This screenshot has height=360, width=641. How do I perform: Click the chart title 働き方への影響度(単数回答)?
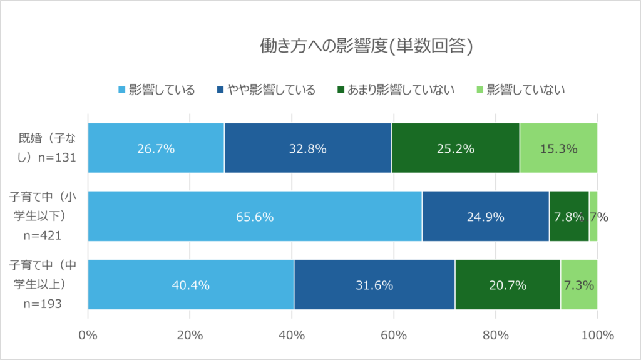(x=366, y=46)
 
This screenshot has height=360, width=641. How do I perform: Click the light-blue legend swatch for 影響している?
(x=122, y=90)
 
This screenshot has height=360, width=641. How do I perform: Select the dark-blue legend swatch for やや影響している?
(x=220, y=90)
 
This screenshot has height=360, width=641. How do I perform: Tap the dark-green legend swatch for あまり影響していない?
(x=341, y=90)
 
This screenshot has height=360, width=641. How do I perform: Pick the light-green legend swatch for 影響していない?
(x=480, y=90)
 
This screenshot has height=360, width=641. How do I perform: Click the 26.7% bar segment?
(x=156, y=148)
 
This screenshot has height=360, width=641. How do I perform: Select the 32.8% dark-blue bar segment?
(x=307, y=148)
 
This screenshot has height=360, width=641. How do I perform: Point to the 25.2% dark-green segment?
(x=455, y=148)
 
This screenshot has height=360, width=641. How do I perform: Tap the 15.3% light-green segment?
(x=558, y=148)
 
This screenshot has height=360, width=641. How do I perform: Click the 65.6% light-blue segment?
(x=255, y=217)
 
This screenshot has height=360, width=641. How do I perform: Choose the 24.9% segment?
(x=485, y=217)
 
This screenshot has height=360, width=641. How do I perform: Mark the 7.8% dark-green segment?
(x=568, y=217)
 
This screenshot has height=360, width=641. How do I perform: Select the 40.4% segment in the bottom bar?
(x=191, y=285)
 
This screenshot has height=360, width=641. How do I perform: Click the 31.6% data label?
(x=374, y=285)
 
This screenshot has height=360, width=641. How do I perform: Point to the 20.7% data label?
(x=508, y=285)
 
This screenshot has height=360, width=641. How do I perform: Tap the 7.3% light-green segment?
(x=578, y=285)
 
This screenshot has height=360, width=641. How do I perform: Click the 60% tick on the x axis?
(x=393, y=335)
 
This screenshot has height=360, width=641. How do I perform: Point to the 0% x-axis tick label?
(x=88, y=335)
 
